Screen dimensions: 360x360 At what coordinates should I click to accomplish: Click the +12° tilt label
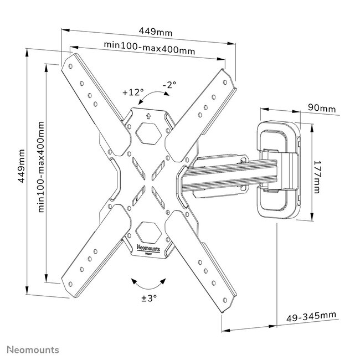click(133, 91)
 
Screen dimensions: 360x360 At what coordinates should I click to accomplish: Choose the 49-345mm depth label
click(311, 316)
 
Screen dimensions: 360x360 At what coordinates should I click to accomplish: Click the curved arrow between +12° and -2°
click(151, 99)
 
